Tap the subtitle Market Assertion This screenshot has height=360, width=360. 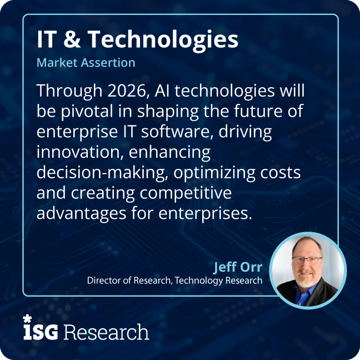pos(86,62)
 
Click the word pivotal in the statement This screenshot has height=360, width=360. pos(82,112)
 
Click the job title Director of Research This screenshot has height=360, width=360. pos(129,281)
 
